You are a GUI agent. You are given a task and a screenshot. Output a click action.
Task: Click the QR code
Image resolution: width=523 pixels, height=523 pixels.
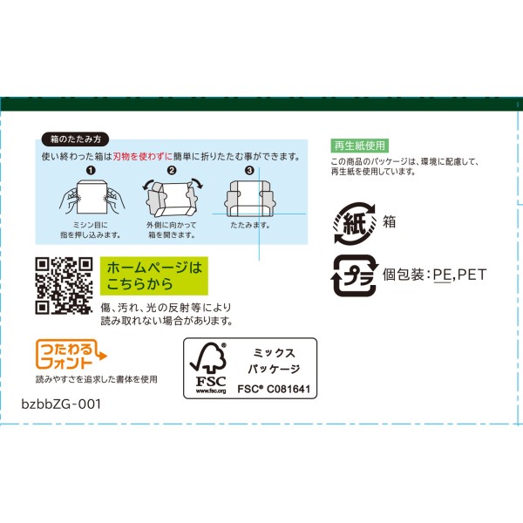click(64, 286)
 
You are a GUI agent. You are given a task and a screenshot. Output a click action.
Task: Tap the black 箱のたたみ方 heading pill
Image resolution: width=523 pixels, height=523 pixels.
click(75, 139)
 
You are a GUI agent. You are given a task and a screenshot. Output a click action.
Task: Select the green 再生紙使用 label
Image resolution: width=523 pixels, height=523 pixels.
click(359, 146)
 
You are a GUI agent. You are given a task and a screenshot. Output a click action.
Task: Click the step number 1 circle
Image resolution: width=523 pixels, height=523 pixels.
click(91, 171)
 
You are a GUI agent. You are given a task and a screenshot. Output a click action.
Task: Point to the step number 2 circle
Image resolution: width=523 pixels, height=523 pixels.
click(172, 171)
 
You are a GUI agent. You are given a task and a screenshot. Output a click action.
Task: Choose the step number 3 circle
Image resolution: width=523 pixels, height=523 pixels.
click(249, 171)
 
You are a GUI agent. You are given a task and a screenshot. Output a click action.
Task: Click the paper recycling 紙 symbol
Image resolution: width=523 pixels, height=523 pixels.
click(355, 223)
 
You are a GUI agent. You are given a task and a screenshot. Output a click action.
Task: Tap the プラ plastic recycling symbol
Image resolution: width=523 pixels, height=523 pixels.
click(355, 275)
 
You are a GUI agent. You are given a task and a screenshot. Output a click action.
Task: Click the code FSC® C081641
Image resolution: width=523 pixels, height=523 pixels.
click(274, 389)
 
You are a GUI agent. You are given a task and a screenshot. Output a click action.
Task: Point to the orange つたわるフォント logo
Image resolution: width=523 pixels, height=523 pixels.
click(71, 354)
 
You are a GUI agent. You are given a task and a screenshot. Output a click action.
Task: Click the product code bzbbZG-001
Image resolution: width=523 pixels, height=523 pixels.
click(61, 404)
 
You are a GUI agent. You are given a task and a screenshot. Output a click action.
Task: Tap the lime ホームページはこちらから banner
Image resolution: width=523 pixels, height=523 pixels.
click(154, 275)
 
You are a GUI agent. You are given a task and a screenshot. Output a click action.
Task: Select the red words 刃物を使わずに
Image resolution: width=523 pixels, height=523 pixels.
click(142, 156)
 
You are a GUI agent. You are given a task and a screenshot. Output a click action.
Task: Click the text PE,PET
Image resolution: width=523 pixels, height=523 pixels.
click(459, 275)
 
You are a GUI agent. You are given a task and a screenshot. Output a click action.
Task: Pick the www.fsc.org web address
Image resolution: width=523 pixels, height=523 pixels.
click(211, 391)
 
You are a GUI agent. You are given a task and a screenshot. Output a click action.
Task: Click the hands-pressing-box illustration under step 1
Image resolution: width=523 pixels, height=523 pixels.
click(92, 198)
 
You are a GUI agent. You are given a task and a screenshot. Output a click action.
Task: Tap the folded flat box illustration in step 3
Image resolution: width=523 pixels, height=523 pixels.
click(250, 199)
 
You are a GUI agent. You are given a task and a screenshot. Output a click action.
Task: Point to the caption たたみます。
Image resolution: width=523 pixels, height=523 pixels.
click(250, 225)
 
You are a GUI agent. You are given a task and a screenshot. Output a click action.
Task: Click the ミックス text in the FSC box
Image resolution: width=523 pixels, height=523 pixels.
click(274, 353)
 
